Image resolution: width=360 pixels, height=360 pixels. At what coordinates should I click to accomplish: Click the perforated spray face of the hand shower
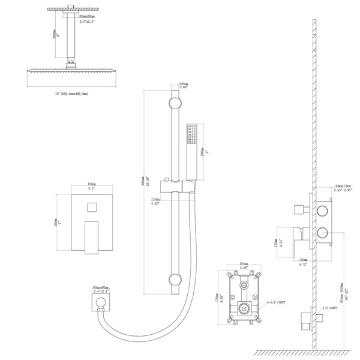coord(192,133)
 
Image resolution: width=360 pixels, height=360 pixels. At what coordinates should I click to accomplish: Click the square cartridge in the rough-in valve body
coord(245,309)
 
